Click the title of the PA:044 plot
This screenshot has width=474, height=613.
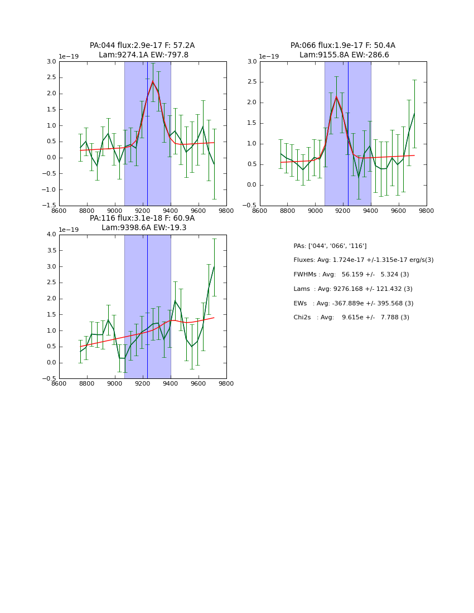[x=142, y=50]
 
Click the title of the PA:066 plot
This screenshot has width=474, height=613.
[x=343, y=50]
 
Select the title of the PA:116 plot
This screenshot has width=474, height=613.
[x=142, y=223]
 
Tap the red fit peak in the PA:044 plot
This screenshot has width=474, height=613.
[x=152, y=81]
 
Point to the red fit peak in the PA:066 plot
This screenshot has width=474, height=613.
[x=336, y=97]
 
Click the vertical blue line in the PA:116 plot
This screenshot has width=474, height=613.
[x=147, y=306]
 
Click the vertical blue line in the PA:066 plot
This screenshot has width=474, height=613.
[x=348, y=134]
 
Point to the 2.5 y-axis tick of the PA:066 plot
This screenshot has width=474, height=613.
[x=251, y=82]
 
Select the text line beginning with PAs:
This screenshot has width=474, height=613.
[x=330, y=246]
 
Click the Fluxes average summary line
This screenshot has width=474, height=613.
[x=363, y=260]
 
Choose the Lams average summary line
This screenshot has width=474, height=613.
[x=353, y=289]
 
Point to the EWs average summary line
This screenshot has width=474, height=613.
[x=354, y=303]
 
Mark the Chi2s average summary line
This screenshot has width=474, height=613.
[x=351, y=318]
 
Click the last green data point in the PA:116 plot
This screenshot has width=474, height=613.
[x=214, y=266]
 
